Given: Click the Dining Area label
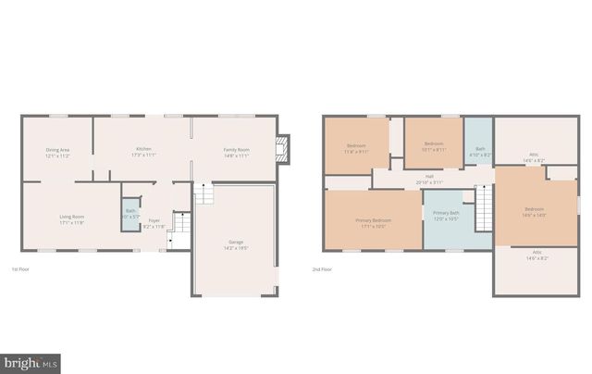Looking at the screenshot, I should (x=58, y=153).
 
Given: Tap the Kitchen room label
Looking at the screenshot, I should (x=143, y=152).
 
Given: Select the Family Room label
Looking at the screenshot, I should (x=236, y=153).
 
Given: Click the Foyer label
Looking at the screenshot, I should (x=154, y=223).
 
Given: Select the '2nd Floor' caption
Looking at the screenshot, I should (x=322, y=269).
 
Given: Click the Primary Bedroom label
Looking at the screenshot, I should (x=374, y=222).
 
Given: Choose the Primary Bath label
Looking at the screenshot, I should (x=446, y=216).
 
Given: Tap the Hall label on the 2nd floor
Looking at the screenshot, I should (x=429, y=179).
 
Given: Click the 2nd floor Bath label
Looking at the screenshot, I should (x=479, y=151).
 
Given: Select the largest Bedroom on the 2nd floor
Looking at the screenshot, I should (x=534, y=212).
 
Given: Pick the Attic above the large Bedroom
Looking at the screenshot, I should (x=534, y=158).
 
